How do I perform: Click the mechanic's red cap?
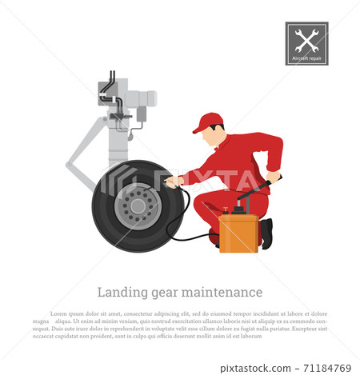point(208,121)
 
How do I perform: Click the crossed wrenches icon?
point(306,39)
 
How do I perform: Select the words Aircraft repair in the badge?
point(306,58)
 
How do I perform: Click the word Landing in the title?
point(119,292)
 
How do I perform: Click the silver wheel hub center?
point(138,207)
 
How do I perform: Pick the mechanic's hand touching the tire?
point(170,182)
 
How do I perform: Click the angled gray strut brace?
point(83,152)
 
